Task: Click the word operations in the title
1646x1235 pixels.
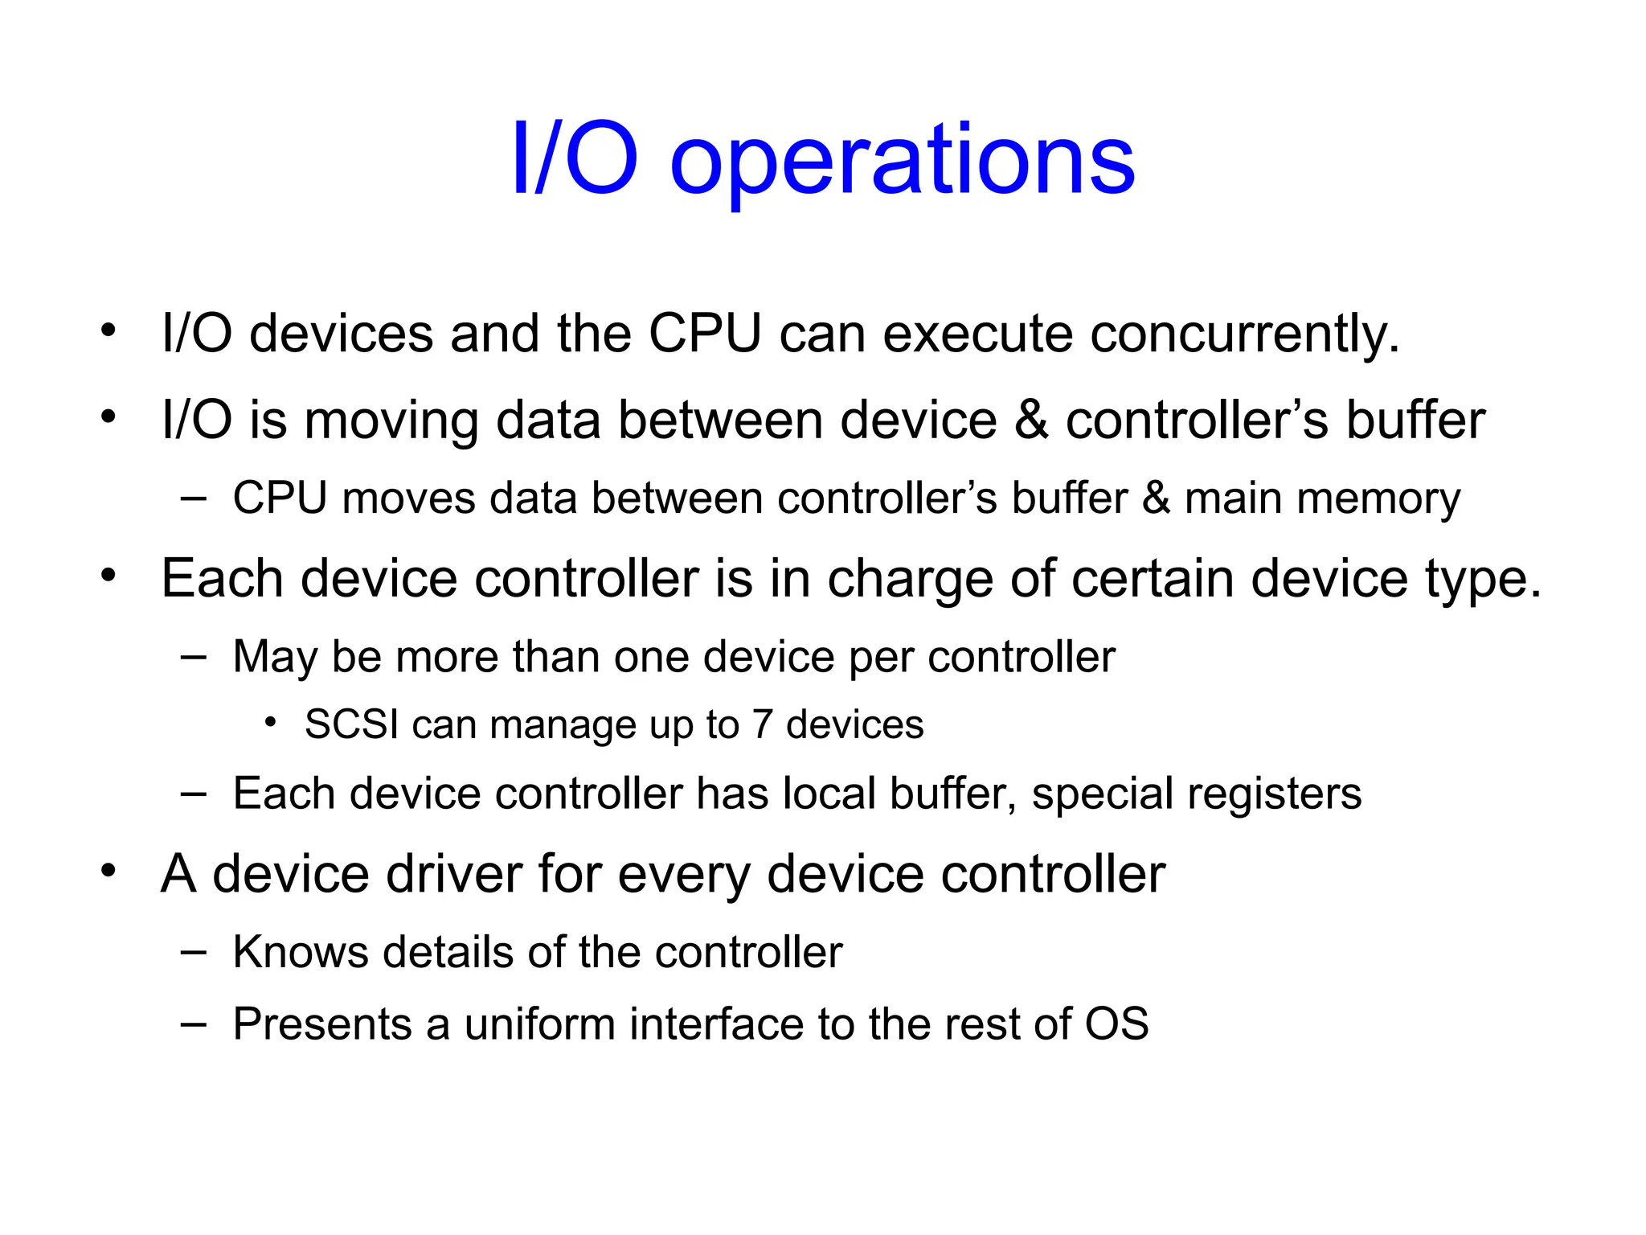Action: tap(902, 161)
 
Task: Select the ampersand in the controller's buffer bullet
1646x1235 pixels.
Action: tap(1031, 421)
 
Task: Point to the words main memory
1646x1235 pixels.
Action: tap(1322, 499)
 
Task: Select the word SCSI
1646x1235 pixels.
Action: tap(351, 724)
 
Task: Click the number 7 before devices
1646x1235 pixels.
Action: tap(763, 724)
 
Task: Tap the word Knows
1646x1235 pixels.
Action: tap(300, 953)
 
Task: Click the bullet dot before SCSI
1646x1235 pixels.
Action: tap(271, 723)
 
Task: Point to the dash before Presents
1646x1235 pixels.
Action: tap(193, 1024)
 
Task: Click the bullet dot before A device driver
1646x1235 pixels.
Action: tap(109, 871)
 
